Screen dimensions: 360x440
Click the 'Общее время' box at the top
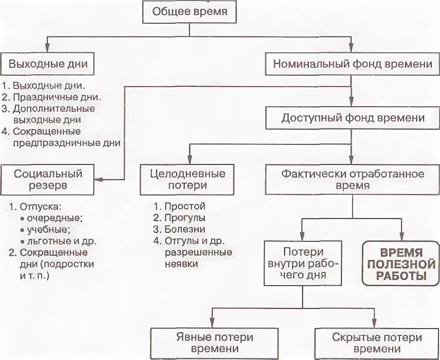[x=190, y=12]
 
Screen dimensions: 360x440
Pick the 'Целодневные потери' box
[x=188, y=180]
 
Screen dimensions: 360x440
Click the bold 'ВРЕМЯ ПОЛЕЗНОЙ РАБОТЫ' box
[x=401, y=263]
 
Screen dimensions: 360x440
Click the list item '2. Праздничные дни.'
[x=51, y=97]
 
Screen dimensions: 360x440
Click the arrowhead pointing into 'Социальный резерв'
[x=99, y=180]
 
